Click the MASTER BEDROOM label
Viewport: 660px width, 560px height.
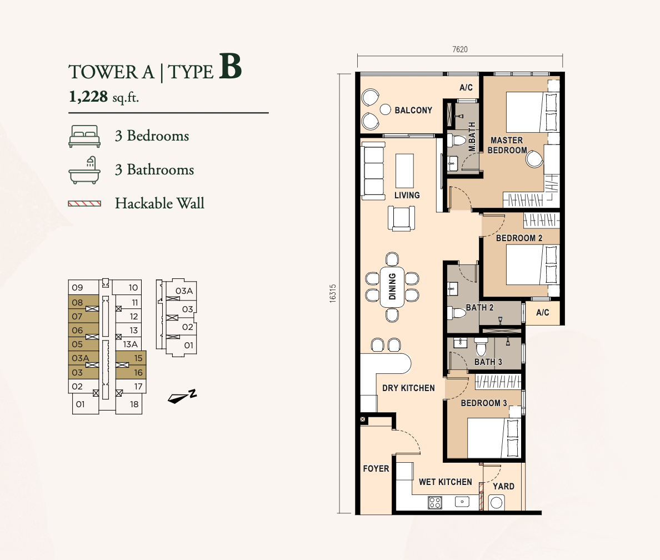(507, 145)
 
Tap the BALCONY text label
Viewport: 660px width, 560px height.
(413, 111)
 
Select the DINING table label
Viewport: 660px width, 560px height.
(392, 286)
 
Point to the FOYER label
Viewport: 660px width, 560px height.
(376, 469)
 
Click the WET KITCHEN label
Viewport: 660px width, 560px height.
(446, 482)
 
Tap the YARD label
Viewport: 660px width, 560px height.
(503, 486)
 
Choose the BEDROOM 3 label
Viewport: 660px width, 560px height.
(484, 403)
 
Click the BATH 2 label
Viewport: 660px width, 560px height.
(479, 307)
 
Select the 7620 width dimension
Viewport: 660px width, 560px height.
(459, 49)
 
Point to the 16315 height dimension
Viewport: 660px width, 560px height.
(333, 293)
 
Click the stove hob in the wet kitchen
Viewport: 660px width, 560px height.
(435, 502)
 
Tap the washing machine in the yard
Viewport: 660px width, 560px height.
(496, 503)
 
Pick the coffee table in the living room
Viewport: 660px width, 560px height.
(404, 171)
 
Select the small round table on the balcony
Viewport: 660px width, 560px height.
(385, 109)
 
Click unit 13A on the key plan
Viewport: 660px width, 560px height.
(130, 344)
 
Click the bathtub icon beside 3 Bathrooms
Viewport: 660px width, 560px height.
(84, 170)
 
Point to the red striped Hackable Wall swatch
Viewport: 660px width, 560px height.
(84, 204)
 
